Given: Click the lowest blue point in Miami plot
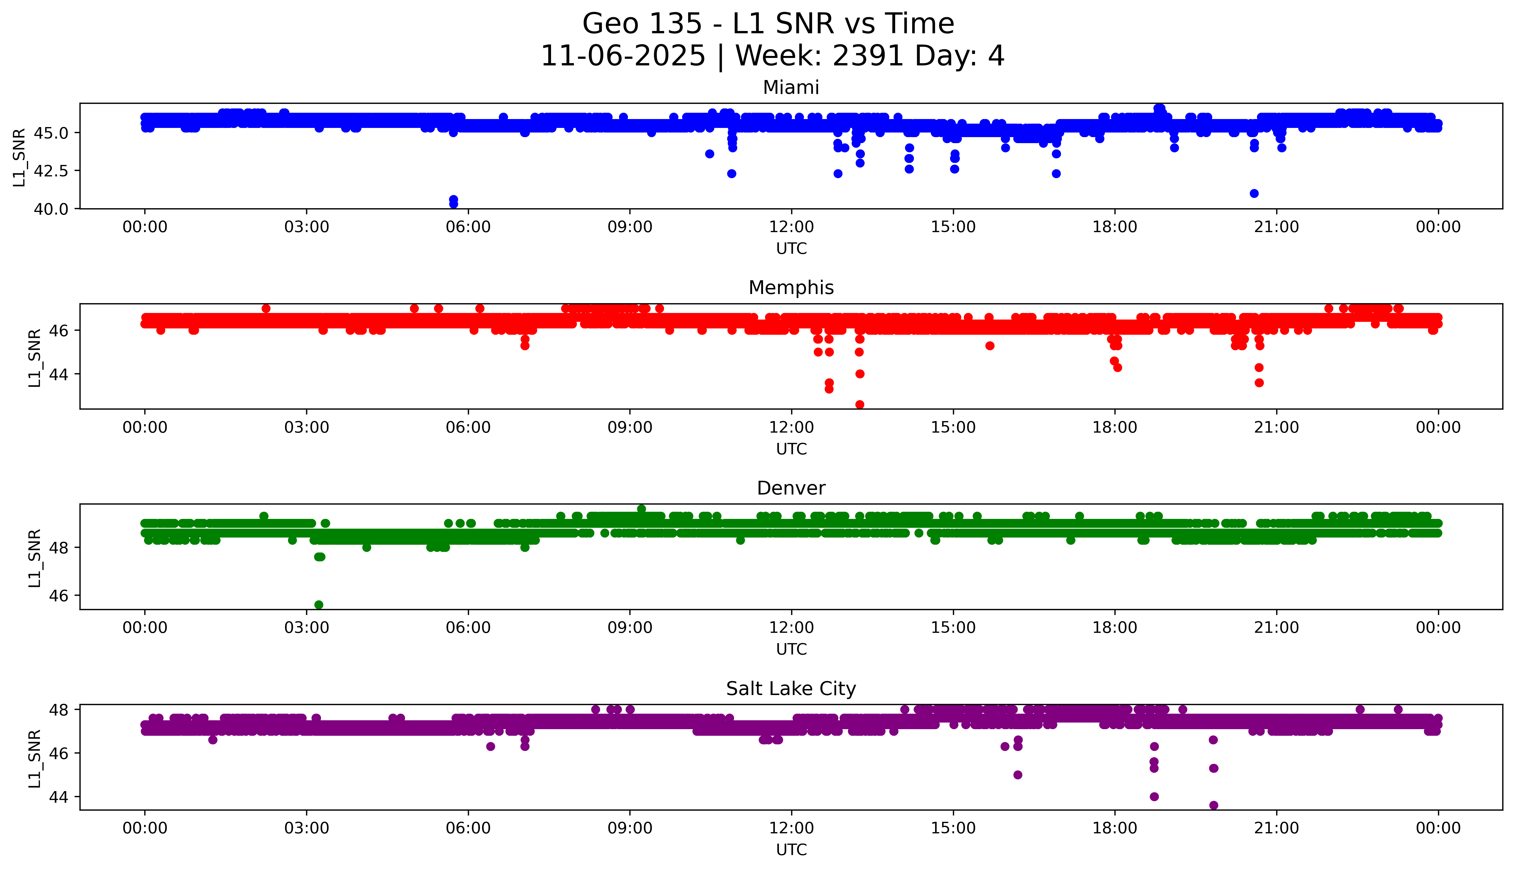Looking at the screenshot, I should click(x=454, y=204).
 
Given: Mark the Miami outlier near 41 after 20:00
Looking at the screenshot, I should click(x=1254, y=193).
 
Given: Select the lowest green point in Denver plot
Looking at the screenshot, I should click(x=318, y=605).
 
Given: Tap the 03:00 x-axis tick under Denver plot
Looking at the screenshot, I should click(x=307, y=628).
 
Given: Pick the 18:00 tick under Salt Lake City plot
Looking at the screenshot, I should click(x=1115, y=828).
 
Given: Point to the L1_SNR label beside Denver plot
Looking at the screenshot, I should click(x=35, y=558).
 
